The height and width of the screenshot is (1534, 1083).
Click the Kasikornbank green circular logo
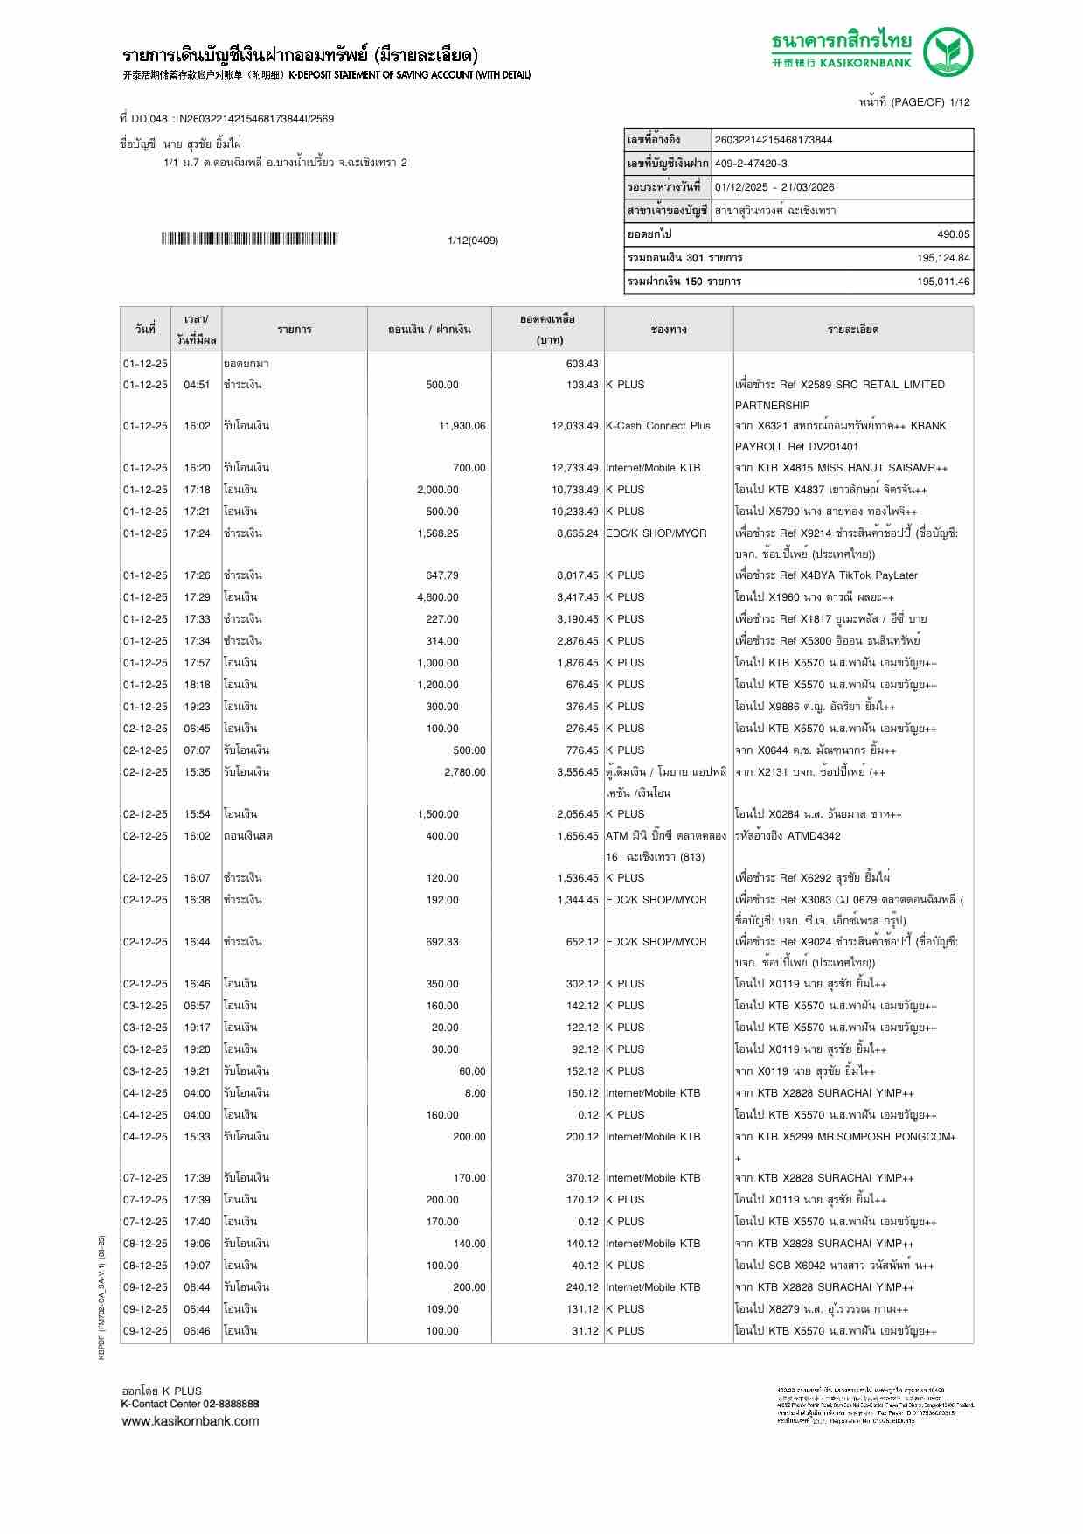948,52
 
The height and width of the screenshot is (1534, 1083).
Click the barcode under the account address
250,239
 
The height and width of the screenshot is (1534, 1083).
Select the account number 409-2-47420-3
751,164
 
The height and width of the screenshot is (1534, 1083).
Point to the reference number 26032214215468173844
774,140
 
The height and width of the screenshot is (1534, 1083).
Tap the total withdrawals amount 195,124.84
943,258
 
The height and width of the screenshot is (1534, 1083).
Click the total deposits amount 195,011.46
943,282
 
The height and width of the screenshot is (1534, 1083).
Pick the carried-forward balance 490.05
953,234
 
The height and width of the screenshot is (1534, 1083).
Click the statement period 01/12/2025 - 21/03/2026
774,187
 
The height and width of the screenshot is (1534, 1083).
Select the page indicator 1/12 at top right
959,102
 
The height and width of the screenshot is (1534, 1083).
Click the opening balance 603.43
582,364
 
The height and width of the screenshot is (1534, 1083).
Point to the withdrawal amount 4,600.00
438,597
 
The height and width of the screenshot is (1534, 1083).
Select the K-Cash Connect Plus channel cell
657,426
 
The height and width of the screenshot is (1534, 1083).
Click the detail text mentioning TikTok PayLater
826,575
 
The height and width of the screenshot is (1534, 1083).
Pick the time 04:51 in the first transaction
197,385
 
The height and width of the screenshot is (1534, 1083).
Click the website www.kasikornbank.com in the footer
191,1420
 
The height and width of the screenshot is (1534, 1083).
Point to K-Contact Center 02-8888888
190,1404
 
